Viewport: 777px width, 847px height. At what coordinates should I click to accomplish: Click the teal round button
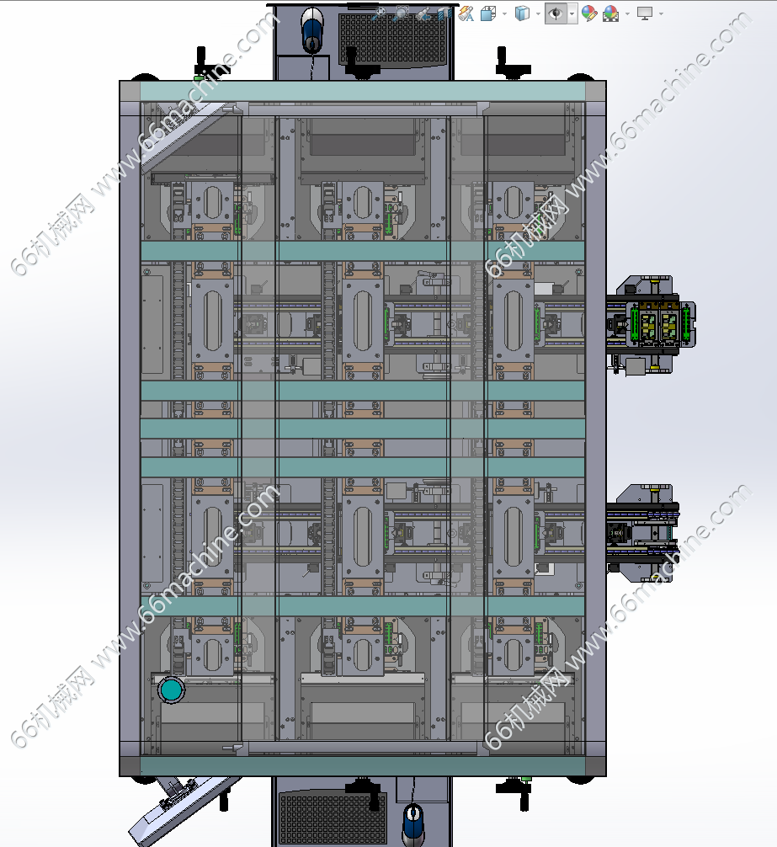pyautogui.click(x=171, y=690)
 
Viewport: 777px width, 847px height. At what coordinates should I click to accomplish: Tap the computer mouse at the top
pyautogui.click(x=312, y=29)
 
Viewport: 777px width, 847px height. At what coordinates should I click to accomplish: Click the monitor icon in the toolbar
pyautogui.click(x=644, y=13)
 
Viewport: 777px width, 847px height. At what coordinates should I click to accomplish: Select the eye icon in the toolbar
pyautogui.click(x=555, y=13)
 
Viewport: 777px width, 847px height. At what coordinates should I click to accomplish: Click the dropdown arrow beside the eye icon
pyautogui.click(x=572, y=13)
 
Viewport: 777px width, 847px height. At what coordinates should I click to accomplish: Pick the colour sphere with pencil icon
pyautogui.click(x=589, y=13)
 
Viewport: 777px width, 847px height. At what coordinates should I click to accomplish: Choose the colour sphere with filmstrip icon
pyautogui.click(x=610, y=13)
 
